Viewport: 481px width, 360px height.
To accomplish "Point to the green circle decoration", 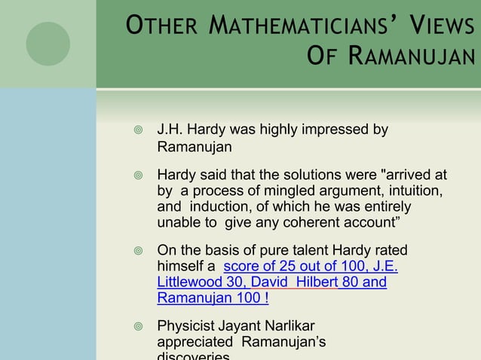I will point(48,43).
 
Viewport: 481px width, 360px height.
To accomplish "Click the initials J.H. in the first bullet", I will point(170,130).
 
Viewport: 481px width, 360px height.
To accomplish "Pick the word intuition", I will point(413,191).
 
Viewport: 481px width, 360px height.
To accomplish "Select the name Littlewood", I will point(190,282).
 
